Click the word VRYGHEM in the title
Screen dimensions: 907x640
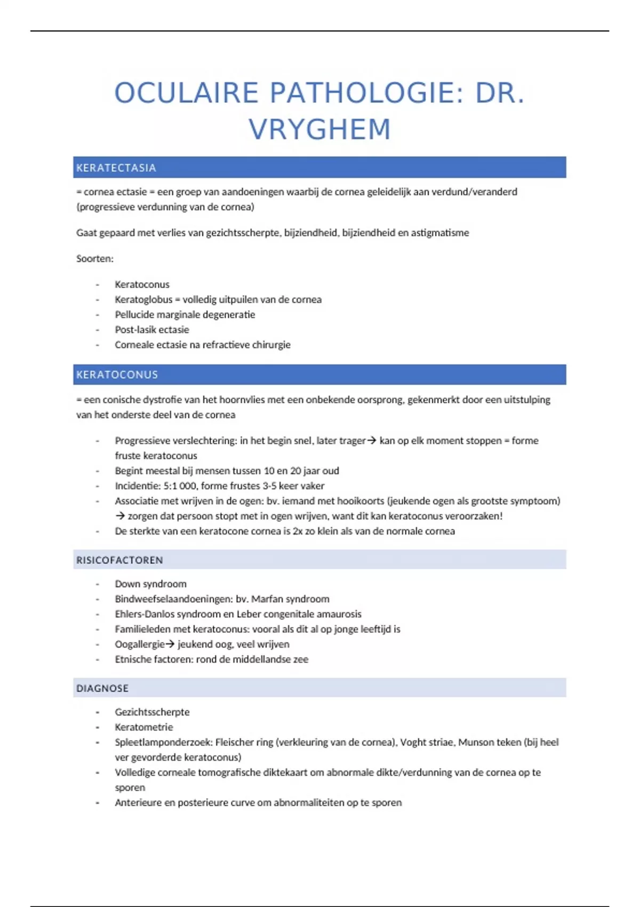click(320, 130)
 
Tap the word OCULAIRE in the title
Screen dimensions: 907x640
click(186, 93)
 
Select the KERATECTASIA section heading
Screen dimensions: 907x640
click(116, 168)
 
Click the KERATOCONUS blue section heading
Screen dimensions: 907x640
click(117, 375)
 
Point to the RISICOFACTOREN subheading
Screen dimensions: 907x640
click(119, 560)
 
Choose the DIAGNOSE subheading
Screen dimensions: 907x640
click(102, 688)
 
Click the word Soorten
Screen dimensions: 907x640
click(94, 259)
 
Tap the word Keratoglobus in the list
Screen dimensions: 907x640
click(143, 300)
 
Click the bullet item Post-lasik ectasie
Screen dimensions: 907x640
click(152, 330)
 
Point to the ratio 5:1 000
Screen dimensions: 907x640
click(180, 486)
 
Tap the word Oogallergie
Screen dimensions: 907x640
click(139, 645)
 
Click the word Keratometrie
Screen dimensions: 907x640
click(144, 727)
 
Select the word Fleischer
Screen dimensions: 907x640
click(235, 742)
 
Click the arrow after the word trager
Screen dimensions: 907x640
click(372, 441)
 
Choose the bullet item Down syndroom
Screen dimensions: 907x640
click(150, 584)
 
